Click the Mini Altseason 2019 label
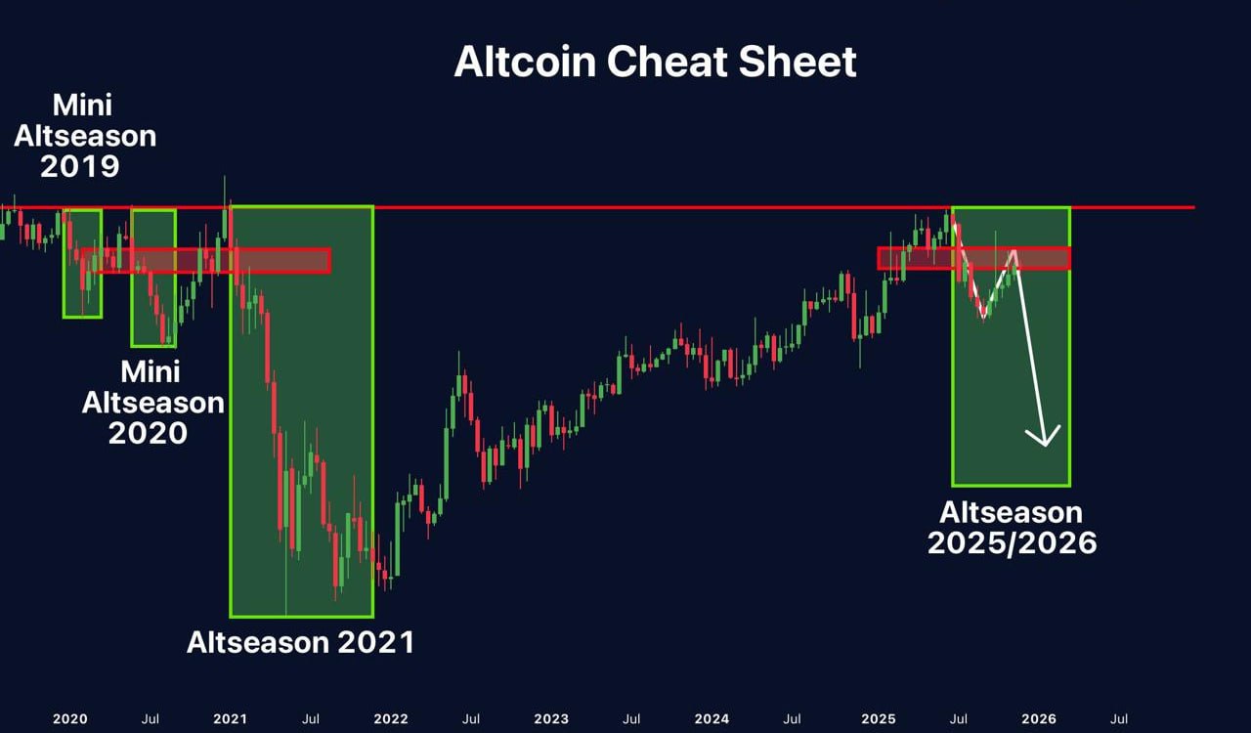click(x=84, y=135)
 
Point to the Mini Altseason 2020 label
click(x=152, y=402)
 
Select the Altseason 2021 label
click(x=300, y=642)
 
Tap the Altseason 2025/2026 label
click(x=1012, y=527)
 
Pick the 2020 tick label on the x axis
click(x=69, y=719)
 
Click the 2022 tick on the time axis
click(x=391, y=719)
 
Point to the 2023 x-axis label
click(x=551, y=719)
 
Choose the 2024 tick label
click(x=712, y=719)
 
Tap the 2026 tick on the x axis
click(x=1038, y=719)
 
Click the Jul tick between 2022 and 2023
click(x=471, y=719)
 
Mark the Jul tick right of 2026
click(x=1120, y=719)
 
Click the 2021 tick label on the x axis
click(x=230, y=719)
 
